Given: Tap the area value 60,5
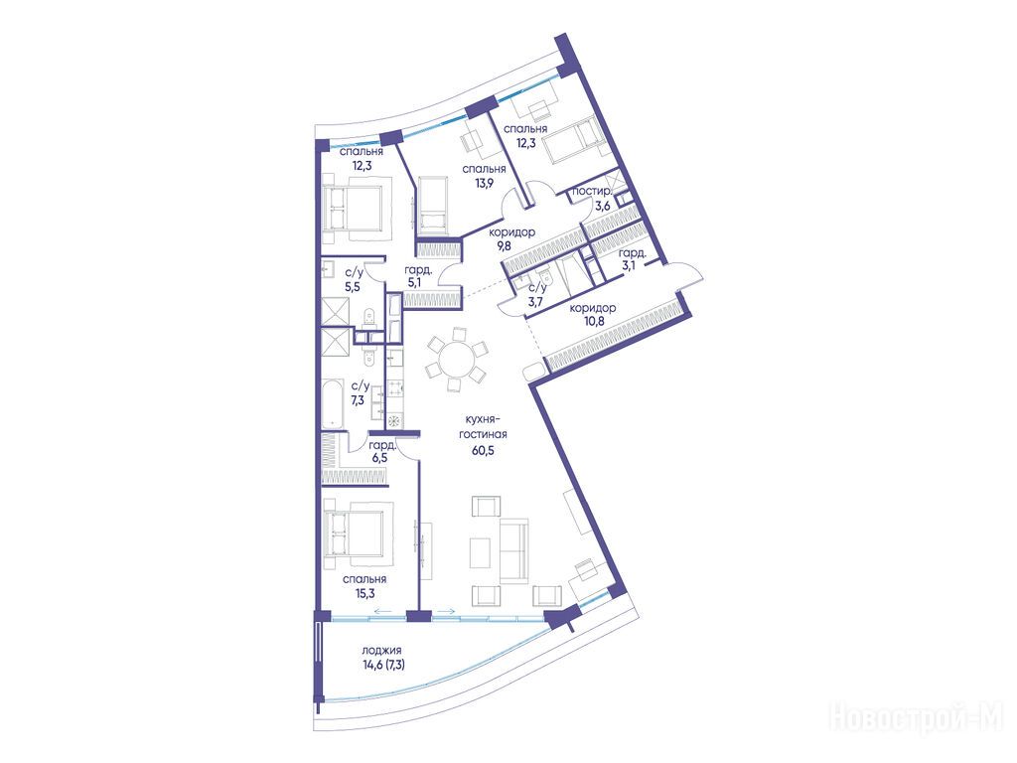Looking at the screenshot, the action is [x=484, y=451].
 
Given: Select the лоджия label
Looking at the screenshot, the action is [x=382, y=650].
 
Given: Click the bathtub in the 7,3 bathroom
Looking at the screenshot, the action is [x=332, y=403].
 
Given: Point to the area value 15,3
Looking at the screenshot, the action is [x=363, y=593].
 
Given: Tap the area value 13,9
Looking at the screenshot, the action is [x=484, y=183].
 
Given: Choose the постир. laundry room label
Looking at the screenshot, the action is [x=591, y=192].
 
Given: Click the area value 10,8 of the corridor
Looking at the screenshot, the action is [x=593, y=320].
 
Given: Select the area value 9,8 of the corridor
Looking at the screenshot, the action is [x=504, y=246].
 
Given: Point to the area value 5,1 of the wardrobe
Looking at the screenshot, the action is [x=415, y=282].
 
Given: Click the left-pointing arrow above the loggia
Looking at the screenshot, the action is [x=382, y=611].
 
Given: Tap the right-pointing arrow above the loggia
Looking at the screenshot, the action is [x=446, y=611].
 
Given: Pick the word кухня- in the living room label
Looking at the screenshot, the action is [x=484, y=420].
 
